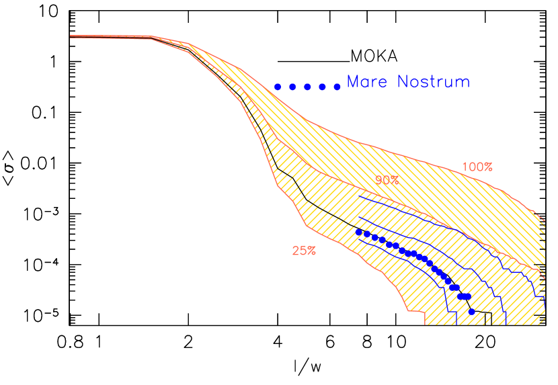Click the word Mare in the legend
[368, 82]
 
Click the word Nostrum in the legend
[433, 82]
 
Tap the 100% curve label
[477, 167]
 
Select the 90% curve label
[387, 180]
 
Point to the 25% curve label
[304, 251]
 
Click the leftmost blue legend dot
[277, 87]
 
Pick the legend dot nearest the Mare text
[337, 87]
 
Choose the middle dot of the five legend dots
[307, 87]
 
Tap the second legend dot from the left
[292, 87]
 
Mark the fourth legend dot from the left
[322, 87]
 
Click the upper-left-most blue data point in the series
[359, 232]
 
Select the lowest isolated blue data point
[472, 312]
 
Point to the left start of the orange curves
[71, 36]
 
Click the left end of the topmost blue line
[360, 196]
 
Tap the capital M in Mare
[352, 82]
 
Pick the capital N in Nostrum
[402, 82]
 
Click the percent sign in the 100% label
[489, 167]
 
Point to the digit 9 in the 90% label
[379, 180]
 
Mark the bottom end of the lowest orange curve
[425, 324]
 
